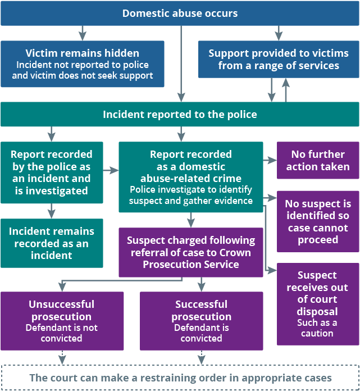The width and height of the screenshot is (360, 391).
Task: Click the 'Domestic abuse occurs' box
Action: [180, 13]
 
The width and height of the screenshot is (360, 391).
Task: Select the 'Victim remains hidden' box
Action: [82, 63]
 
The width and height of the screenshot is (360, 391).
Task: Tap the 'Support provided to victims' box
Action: [278, 59]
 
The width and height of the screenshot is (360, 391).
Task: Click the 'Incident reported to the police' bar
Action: [180, 114]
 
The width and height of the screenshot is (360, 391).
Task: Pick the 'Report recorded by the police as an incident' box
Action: [51, 172]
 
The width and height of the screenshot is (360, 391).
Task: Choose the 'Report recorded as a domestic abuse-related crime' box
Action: [190, 176]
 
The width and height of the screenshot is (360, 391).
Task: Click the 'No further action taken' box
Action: [317, 160]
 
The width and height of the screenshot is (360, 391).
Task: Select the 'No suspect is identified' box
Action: [317, 221]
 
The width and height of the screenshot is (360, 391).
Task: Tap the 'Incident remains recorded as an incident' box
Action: [51, 243]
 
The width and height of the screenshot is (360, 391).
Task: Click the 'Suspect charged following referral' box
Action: [190, 252]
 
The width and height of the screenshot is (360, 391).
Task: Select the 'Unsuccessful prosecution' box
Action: [61, 321]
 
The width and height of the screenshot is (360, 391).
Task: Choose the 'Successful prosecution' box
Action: [201, 321]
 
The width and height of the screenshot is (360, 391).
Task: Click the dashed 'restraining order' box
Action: [180, 378]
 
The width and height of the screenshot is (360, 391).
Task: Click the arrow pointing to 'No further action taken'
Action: [270, 160]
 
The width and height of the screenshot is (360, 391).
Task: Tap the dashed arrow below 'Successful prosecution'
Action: [201, 357]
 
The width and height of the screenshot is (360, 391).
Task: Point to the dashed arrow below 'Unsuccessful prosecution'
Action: [61, 357]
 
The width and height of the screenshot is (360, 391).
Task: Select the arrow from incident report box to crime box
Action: [111, 169]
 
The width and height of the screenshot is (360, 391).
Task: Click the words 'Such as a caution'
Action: [317, 328]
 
